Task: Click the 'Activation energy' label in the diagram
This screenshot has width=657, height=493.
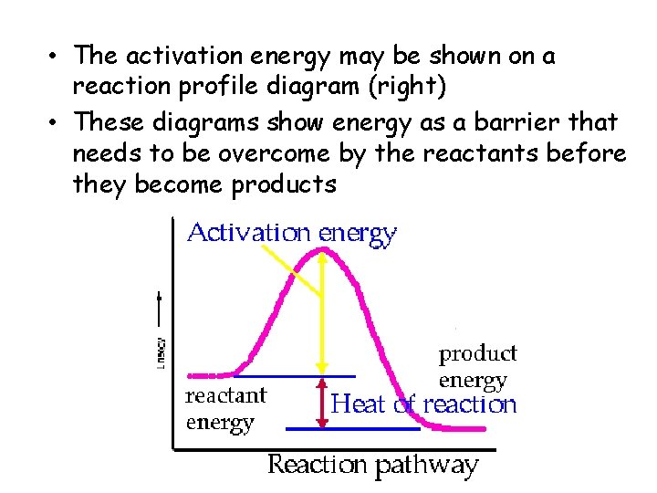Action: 292,234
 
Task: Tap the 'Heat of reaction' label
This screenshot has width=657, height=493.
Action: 424,404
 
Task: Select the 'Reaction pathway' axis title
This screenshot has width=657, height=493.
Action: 372,465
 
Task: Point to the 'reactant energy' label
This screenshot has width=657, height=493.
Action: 225,409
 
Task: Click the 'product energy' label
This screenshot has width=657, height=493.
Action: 477,366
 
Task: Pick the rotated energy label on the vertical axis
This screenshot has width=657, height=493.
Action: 159,349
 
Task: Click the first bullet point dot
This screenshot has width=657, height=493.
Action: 57,57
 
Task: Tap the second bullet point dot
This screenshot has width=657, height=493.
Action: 57,121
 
